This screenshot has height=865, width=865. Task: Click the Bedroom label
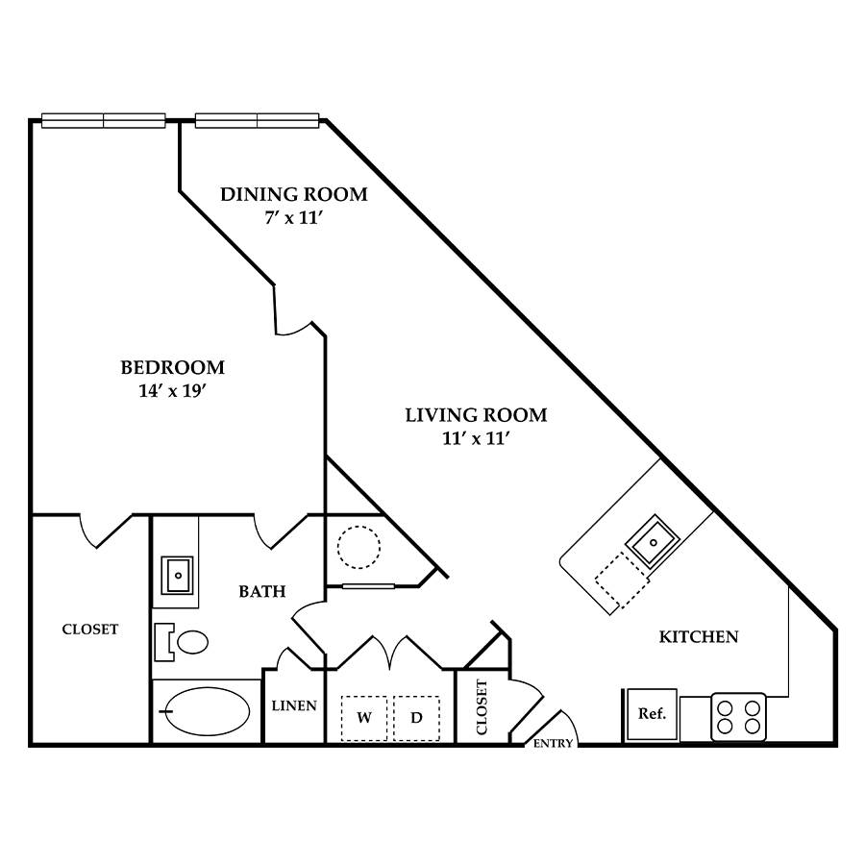point(173,367)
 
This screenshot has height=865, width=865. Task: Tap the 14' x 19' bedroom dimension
point(173,391)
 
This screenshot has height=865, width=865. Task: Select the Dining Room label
point(294,194)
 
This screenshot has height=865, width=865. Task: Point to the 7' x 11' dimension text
point(293,218)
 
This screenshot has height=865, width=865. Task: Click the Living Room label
point(476,415)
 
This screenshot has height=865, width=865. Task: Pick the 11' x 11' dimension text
point(475,438)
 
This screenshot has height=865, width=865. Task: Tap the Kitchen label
point(699,637)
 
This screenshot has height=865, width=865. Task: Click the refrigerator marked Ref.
point(652,714)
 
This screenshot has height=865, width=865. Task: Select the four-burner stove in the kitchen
point(739,717)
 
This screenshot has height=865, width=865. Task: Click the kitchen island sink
point(653,542)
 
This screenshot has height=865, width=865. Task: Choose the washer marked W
point(363,718)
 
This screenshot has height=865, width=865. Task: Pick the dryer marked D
point(416,718)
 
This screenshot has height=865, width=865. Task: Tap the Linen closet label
point(294,705)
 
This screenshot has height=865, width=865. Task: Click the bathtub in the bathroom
point(208,711)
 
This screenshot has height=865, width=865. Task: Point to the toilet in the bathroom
point(182,642)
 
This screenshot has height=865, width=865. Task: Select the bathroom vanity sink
point(177,576)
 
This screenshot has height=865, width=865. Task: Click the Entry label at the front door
point(554,744)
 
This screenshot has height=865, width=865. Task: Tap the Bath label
point(262,591)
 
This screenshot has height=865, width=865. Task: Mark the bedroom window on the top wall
point(104,120)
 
